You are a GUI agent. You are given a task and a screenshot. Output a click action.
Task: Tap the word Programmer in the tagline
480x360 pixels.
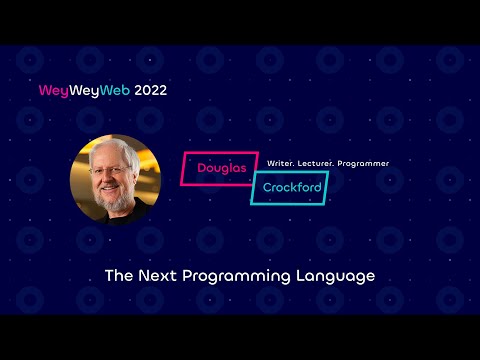point(366,163)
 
